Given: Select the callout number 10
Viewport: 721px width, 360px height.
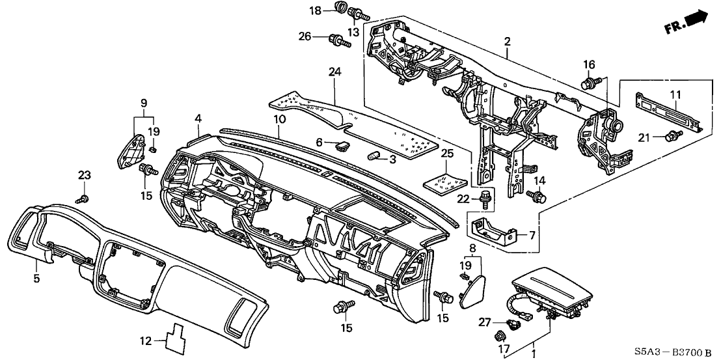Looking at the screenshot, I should click(279, 119).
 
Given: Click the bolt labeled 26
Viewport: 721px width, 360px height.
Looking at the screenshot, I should click(341, 41).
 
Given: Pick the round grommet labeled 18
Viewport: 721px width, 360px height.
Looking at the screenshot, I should click(338, 8).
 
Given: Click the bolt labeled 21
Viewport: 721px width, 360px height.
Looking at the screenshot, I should click(675, 135).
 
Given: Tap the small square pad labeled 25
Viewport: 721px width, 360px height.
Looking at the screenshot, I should click(446, 180).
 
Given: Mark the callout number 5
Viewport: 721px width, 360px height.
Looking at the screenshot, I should click(36, 279).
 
